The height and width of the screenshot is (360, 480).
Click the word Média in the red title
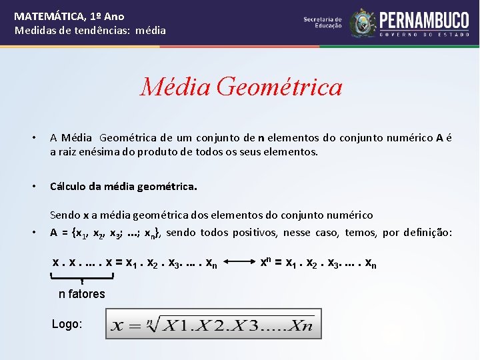pos(175,87)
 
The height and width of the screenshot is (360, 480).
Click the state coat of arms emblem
pos(363,23)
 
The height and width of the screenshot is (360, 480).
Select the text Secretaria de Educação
pos(323,23)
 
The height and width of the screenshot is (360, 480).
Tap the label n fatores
pos(82,294)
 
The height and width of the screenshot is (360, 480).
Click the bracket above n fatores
pos(82,275)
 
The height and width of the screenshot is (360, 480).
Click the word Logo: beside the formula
pos(67,324)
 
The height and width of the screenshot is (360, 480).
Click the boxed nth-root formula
pos(213,325)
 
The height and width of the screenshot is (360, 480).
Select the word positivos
pos(256,233)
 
